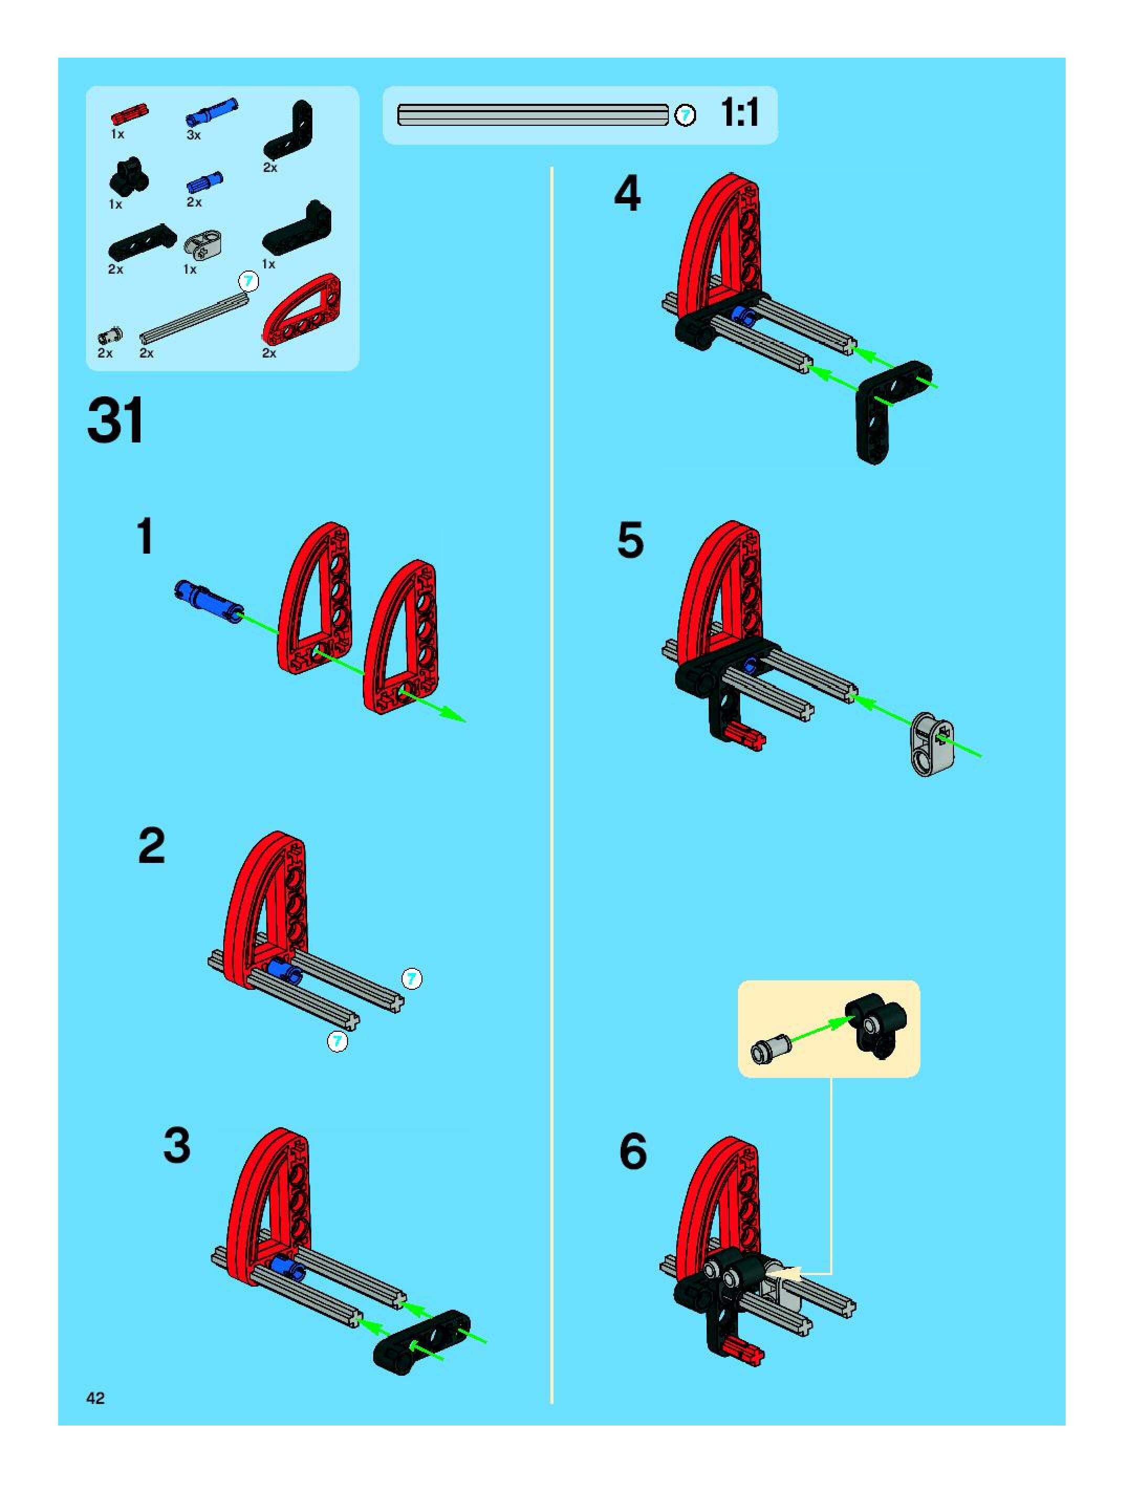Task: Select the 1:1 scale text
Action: pos(740,113)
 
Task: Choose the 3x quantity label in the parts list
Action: pos(193,135)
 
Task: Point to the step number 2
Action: pos(151,846)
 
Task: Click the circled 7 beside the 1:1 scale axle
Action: pos(685,115)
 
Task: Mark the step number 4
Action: pos(627,194)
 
